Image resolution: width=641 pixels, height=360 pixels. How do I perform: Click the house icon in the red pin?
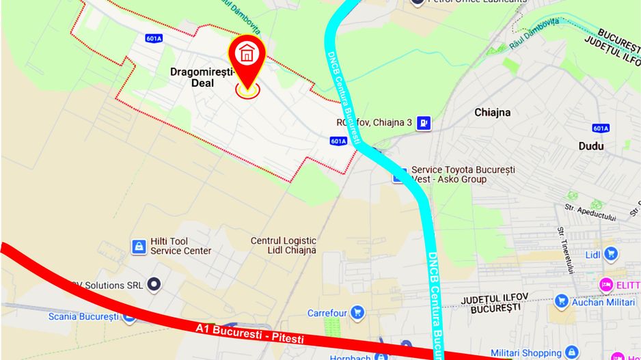(247, 53)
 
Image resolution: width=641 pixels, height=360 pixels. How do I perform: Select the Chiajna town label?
(493, 112)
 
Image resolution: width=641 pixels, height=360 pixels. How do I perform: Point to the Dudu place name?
(591, 146)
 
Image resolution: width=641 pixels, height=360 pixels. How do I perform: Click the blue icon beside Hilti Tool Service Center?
(139, 246)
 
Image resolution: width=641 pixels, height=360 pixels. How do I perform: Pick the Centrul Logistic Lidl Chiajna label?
(284, 245)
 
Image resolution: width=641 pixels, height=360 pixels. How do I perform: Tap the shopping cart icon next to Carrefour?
(356, 313)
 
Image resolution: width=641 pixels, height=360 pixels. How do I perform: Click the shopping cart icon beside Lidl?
(611, 254)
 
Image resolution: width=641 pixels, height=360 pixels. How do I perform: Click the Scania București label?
(83, 317)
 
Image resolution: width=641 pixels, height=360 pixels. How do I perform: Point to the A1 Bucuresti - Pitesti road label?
(249, 333)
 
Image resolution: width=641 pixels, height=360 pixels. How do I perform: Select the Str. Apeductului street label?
(590, 212)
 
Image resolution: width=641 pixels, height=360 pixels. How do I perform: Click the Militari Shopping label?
(526, 353)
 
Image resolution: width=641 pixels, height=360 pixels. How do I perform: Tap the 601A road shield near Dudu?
(601, 128)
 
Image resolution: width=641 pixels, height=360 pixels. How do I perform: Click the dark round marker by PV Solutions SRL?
(155, 284)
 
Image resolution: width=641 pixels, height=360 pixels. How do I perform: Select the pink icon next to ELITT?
(605, 284)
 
